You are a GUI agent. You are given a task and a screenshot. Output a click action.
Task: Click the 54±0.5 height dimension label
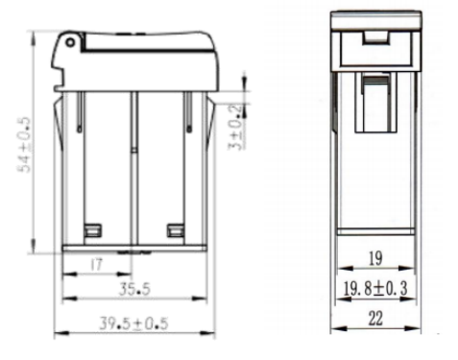tap(25, 145)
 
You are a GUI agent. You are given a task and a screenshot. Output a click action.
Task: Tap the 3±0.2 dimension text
tap(235, 128)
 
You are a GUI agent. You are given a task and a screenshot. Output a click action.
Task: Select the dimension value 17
tap(96, 265)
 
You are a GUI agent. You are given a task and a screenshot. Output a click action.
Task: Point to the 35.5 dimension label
tap(134, 289)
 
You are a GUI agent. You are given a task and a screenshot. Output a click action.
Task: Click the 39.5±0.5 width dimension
tap(133, 324)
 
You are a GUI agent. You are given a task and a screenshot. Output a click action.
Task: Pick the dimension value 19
tap(375, 258)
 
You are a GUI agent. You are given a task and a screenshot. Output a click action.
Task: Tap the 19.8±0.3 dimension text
tap(375, 288)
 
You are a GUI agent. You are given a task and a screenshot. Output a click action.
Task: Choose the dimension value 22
tap(375, 319)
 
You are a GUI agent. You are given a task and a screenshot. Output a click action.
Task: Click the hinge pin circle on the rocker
tap(70, 42)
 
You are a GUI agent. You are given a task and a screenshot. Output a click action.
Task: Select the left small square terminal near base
tap(93, 230)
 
